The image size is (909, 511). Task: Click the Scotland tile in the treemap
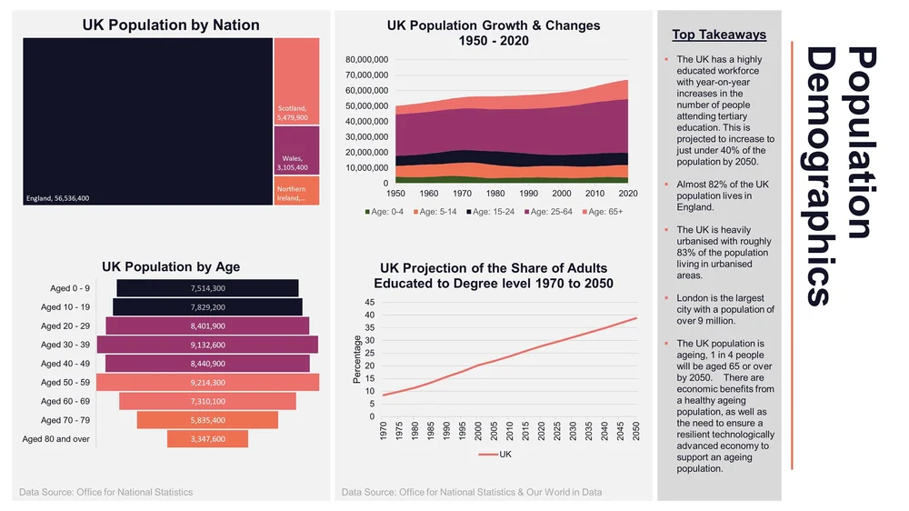[296, 81]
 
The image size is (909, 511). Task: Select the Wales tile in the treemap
[296, 150]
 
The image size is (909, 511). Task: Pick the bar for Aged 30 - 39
[207, 345]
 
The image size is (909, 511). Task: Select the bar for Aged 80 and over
[207, 439]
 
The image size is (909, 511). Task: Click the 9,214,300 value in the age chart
[207, 383]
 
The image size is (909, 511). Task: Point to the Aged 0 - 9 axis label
[70, 288]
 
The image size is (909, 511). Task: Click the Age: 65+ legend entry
[602, 212]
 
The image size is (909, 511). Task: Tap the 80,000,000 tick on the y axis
[367, 60]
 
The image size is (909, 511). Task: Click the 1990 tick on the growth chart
[528, 194]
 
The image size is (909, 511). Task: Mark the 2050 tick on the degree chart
[636, 431]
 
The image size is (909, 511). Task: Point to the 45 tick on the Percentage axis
[368, 303]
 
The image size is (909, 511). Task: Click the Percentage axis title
[357, 359]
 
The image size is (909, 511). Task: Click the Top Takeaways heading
[719, 35]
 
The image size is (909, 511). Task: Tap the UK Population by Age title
[171, 266]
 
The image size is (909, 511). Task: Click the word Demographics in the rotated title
[821, 177]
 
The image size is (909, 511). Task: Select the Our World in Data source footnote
[471, 492]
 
